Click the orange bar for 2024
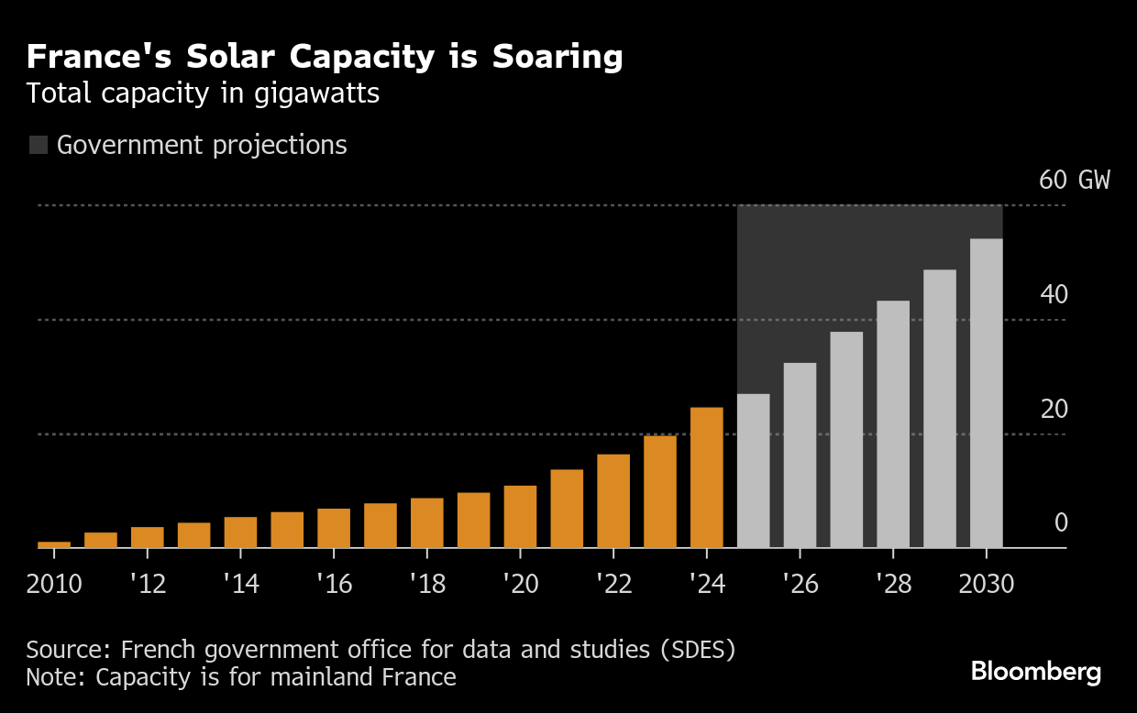tap(706, 477)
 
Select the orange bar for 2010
tap(54, 544)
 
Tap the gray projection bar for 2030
tap(986, 393)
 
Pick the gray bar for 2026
tap(800, 455)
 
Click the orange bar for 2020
tap(520, 517)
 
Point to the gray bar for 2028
tap(893, 424)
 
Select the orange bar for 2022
tap(613, 501)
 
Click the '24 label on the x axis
tap(706, 584)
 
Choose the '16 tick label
tap(334, 584)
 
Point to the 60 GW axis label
tap(1074, 180)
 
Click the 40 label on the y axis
tap(1054, 295)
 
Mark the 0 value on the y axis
tap(1061, 523)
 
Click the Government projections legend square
tap(39, 145)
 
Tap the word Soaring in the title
tap(557, 57)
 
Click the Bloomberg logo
tap(1036, 672)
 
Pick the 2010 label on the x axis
tap(54, 584)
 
